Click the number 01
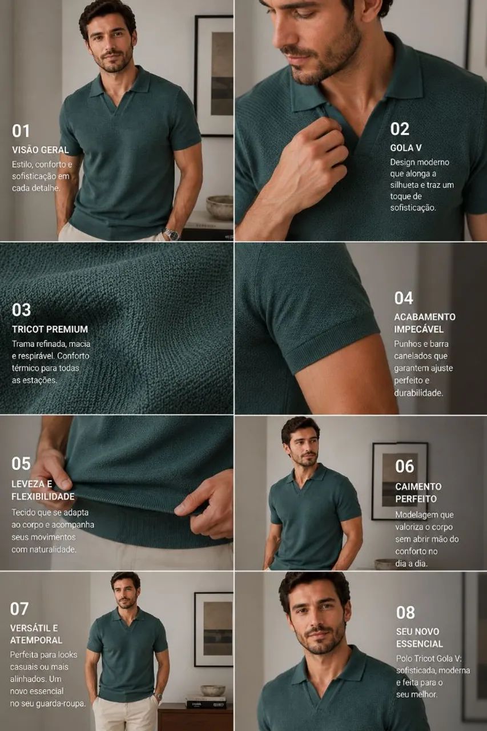(21, 131)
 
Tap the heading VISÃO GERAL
(41, 150)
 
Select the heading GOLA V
(406, 148)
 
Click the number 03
(21, 310)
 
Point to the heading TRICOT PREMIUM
(50, 329)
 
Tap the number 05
(21, 463)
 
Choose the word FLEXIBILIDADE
(43, 496)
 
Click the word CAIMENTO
(418, 486)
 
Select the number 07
(19, 609)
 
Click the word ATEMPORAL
(36, 640)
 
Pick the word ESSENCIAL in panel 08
(420, 644)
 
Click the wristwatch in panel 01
(171, 234)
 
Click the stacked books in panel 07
(206, 703)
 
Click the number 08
(405, 612)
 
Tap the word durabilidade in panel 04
(418, 393)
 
